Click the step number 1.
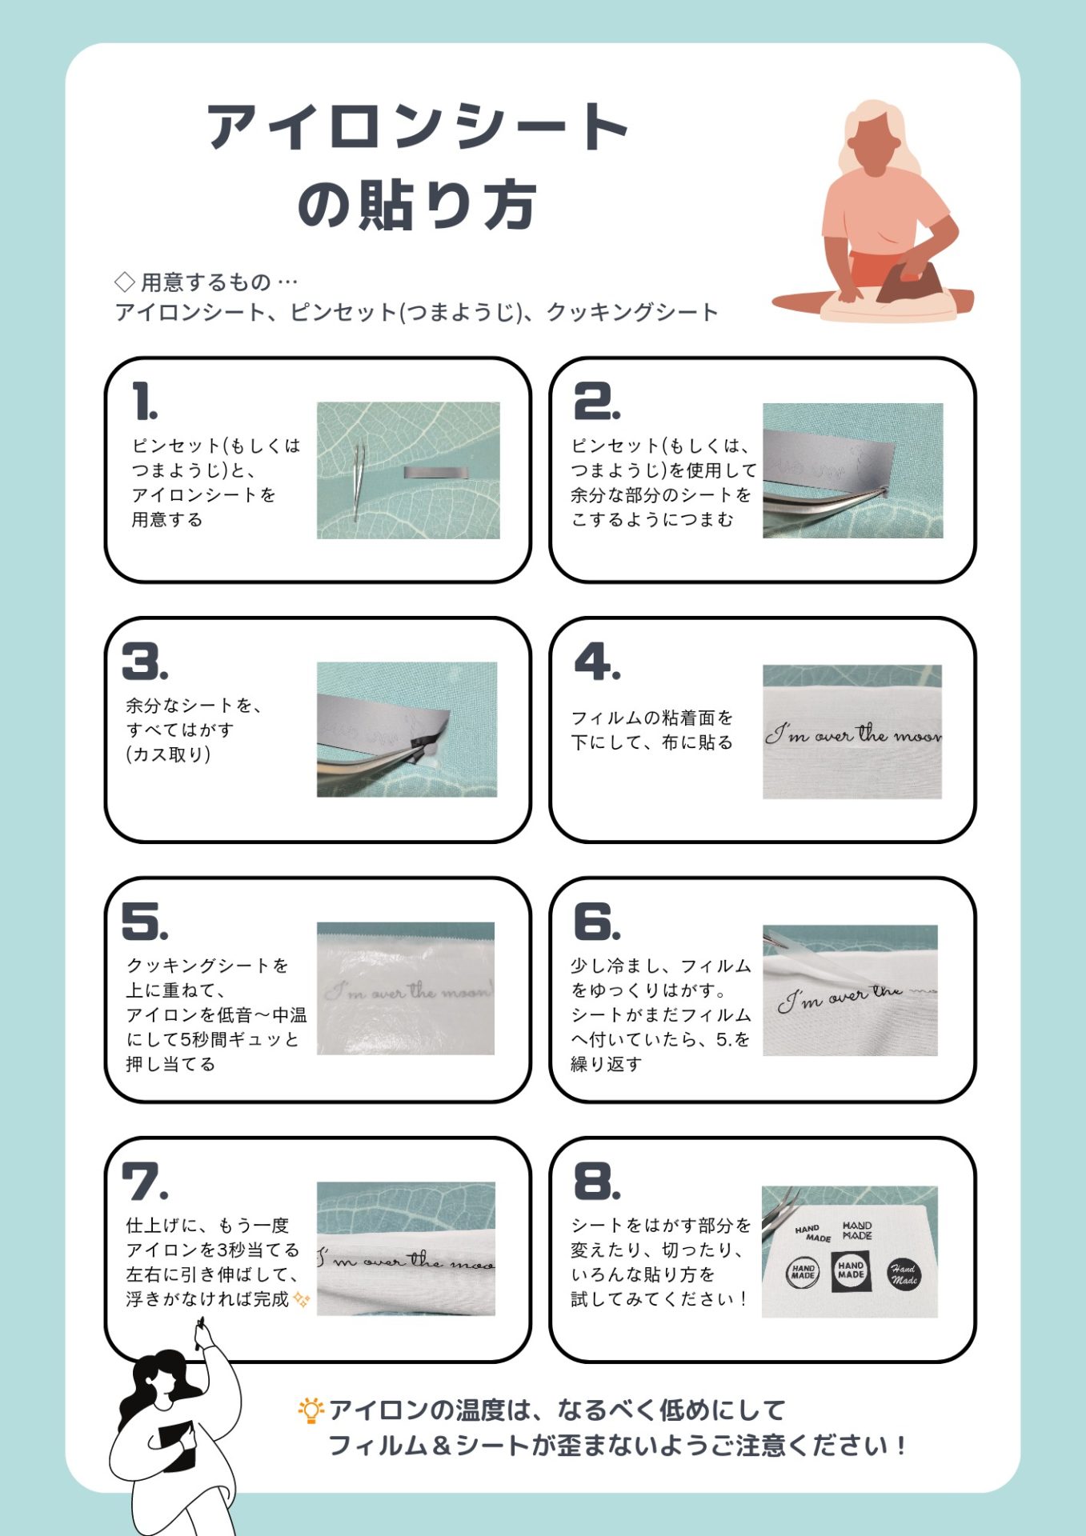click(x=145, y=402)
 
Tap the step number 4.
click(x=596, y=662)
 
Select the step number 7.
click(x=144, y=1182)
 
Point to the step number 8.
click(x=597, y=1182)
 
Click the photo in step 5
click(x=406, y=988)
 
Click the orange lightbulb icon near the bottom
click(x=311, y=1410)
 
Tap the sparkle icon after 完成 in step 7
click(x=302, y=1299)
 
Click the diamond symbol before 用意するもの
click(x=125, y=282)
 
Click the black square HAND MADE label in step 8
click(x=850, y=1270)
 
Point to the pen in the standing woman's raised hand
click(x=199, y=1334)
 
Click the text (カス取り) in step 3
click(x=168, y=754)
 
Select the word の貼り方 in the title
click(x=416, y=206)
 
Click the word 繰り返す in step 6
click(x=606, y=1064)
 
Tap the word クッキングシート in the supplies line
click(x=631, y=312)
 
